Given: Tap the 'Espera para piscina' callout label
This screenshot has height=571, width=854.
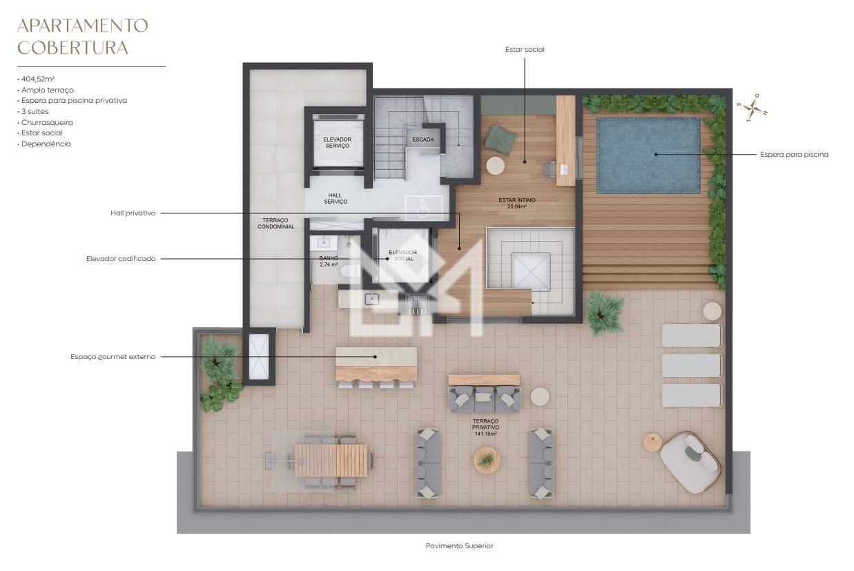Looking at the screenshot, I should point(794,155).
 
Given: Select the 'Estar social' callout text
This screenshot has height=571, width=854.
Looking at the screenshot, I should point(525,50).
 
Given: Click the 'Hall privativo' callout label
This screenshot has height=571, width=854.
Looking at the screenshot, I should point(133,213).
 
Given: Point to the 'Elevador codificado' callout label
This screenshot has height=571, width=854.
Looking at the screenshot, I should point(121,259).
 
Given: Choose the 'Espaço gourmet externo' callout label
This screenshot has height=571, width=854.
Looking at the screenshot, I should point(113,357).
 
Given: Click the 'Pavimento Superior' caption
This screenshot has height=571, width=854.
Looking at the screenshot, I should point(459,546).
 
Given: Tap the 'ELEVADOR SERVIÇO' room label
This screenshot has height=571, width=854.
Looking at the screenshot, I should point(337,142).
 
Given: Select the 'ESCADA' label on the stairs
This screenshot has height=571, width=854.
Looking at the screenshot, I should point(423,139).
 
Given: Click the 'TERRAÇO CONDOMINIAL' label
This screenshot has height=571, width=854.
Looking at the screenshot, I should point(277,223).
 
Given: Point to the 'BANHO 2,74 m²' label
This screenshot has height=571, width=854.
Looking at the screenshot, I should point(327,261).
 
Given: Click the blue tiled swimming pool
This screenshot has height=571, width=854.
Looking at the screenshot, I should point(648,154).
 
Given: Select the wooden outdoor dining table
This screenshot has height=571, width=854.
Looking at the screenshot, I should point(331,460).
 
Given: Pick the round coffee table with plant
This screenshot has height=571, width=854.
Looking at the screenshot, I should point(487,460).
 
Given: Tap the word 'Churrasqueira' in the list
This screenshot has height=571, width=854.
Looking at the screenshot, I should point(47,122).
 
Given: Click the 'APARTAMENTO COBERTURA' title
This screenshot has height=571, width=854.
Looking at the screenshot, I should point(82,37).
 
